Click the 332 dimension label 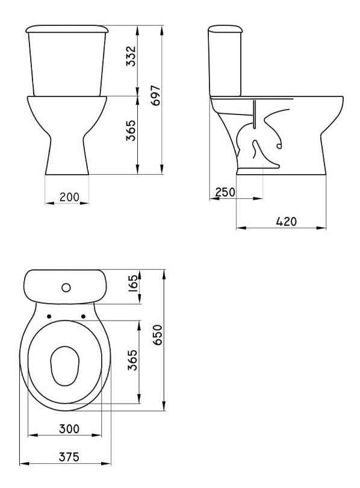[131, 57]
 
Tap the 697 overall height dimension [156, 95]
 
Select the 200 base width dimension [69, 197]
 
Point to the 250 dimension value [225, 192]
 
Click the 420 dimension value [287, 221]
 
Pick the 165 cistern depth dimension [133, 282]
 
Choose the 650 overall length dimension [158, 334]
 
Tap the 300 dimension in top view [69, 428]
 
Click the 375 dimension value [69, 457]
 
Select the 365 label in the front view [131, 130]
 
